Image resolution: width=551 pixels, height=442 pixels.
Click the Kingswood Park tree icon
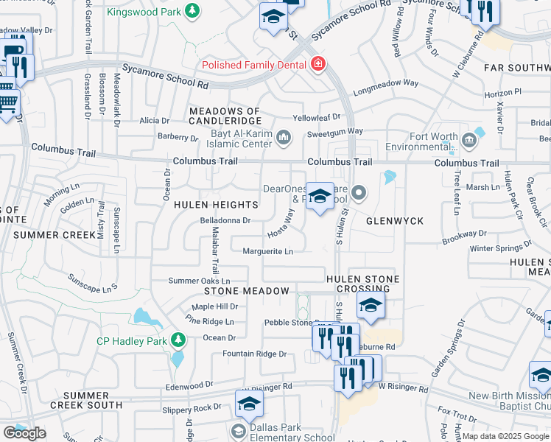click(x=192, y=10)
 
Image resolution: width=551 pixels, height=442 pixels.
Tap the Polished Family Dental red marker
click(x=318, y=65)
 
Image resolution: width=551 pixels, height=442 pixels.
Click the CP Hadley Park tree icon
click(x=177, y=340)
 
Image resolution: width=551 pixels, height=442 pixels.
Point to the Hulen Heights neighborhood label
click(x=206, y=206)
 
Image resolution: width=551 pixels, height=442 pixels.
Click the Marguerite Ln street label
click(x=268, y=252)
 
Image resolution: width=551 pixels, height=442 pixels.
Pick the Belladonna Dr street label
click(x=226, y=220)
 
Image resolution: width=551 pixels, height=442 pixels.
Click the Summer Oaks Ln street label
click(x=199, y=281)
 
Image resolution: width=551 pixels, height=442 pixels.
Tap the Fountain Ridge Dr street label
click(x=250, y=354)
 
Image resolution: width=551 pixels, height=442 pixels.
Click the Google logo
click(x=24, y=433)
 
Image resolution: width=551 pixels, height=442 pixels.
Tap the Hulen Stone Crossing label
click(x=364, y=284)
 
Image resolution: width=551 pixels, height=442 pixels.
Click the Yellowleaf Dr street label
click(x=317, y=117)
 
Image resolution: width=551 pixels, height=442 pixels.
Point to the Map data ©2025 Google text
click(x=505, y=436)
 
